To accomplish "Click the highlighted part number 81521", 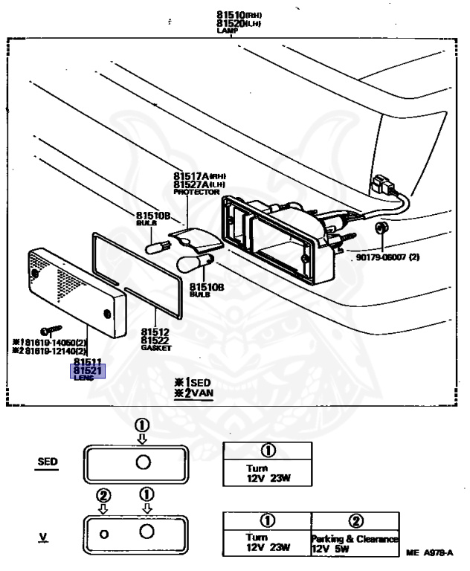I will [x=88, y=370].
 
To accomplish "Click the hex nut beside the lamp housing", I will [x=382, y=227].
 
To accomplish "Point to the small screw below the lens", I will [x=53, y=328].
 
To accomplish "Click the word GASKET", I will [x=156, y=348].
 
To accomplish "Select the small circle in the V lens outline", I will [x=104, y=533].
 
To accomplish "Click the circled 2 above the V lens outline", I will [x=104, y=495].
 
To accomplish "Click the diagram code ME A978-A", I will [x=430, y=552].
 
